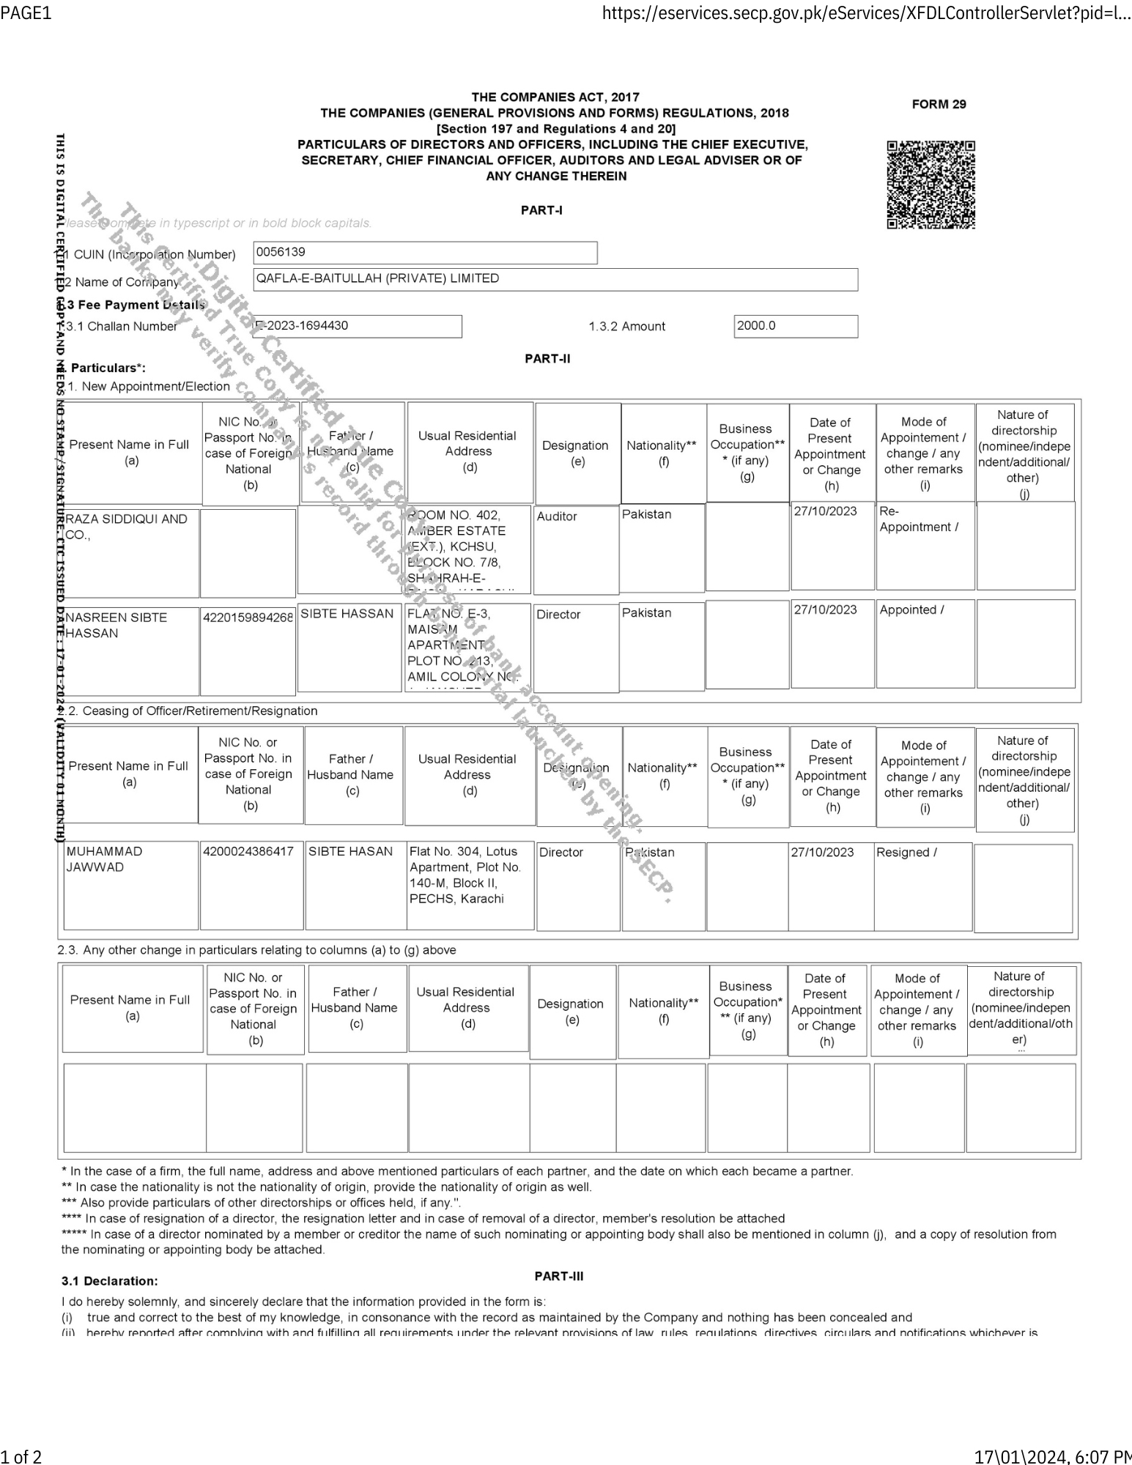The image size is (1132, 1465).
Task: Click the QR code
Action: (931, 185)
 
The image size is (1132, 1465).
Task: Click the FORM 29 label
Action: (939, 104)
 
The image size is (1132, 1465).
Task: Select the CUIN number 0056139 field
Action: (425, 253)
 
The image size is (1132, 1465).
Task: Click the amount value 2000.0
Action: (795, 326)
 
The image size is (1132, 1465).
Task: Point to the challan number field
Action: (358, 326)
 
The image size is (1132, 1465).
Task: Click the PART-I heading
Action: (541, 210)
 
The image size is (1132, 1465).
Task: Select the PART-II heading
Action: (547, 359)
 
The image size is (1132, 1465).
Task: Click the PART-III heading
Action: (559, 1275)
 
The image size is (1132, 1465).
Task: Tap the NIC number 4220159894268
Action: (248, 617)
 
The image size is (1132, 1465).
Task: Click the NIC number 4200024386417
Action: (248, 851)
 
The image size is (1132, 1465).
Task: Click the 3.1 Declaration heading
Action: (109, 1281)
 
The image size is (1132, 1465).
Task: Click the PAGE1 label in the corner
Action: (26, 13)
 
